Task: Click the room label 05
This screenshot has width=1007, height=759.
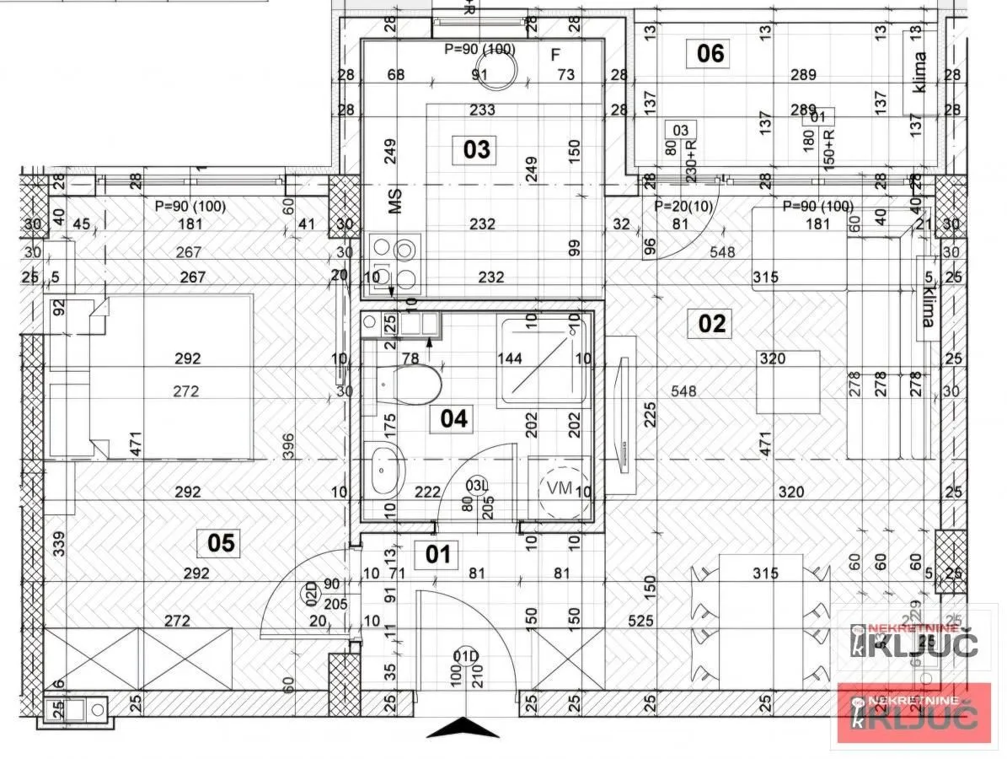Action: (221, 542)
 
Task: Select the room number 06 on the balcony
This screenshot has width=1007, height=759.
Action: (710, 54)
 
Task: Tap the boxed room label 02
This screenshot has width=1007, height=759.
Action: (711, 324)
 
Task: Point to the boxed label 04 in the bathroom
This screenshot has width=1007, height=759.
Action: (454, 418)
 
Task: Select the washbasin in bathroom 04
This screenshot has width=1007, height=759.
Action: (386, 470)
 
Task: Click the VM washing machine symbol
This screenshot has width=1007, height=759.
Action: (560, 488)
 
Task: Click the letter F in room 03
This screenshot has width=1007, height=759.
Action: (554, 56)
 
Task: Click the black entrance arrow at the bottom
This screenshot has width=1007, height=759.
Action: (463, 727)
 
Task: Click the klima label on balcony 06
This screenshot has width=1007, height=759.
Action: (919, 73)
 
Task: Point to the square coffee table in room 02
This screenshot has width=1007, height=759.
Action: (787, 382)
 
